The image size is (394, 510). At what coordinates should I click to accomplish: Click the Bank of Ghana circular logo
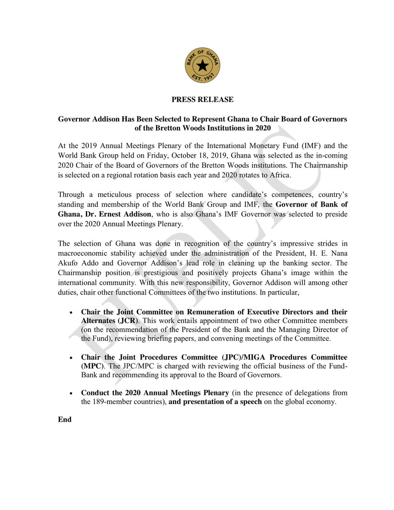202,65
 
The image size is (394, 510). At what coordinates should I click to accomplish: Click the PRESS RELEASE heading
202,99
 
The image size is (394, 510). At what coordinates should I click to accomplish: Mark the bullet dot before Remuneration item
71,312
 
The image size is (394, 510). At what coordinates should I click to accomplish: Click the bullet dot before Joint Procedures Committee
71,357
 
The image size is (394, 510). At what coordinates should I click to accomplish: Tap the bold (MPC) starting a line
92,366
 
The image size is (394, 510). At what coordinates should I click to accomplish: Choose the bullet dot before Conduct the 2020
71,393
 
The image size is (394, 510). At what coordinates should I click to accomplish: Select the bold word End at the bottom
65,419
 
